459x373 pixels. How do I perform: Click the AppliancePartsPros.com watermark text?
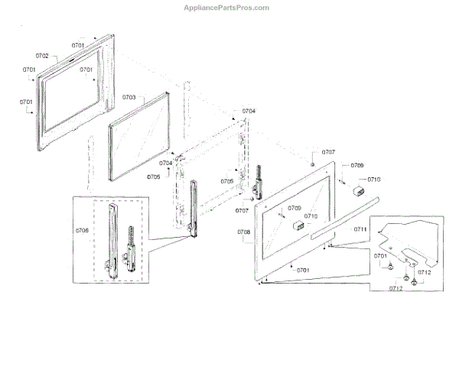[226, 7]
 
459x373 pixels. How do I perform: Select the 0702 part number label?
[42, 57]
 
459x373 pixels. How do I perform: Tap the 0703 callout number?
[129, 98]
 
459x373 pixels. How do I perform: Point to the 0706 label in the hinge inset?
[82, 230]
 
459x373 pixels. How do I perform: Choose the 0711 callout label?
[360, 229]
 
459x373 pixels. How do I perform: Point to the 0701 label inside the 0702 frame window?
[86, 70]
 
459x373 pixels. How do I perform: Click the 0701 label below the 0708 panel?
[303, 270]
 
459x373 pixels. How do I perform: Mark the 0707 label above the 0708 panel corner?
[328, 152]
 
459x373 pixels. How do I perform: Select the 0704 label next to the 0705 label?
[165, 164]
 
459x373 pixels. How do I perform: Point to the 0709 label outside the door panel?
[357, 166]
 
